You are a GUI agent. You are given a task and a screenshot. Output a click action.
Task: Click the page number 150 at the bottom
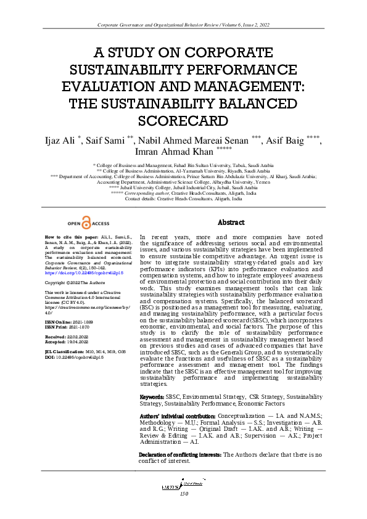[x=183, y=493]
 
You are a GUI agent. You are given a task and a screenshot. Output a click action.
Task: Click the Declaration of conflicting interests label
[x=181, y=454]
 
